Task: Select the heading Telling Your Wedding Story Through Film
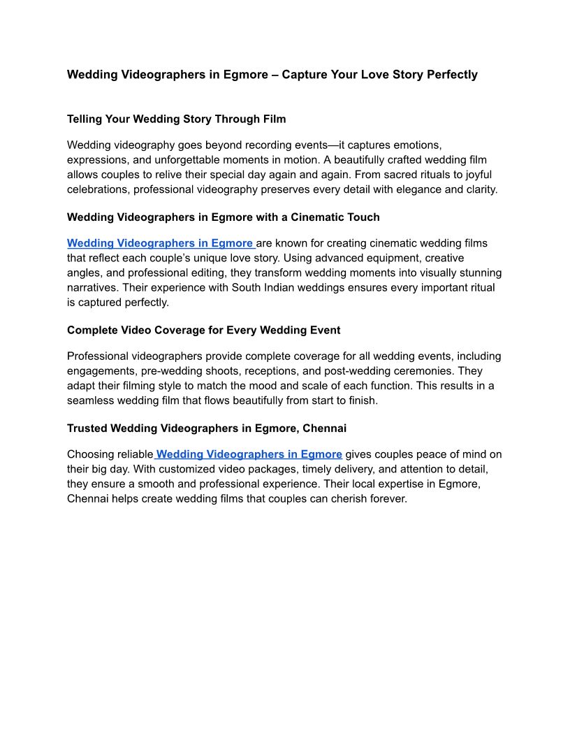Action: (176, 119)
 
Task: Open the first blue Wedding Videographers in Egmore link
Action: (160, 243)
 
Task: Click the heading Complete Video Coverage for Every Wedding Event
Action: (203, 329)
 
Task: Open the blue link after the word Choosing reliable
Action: (249, 454)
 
